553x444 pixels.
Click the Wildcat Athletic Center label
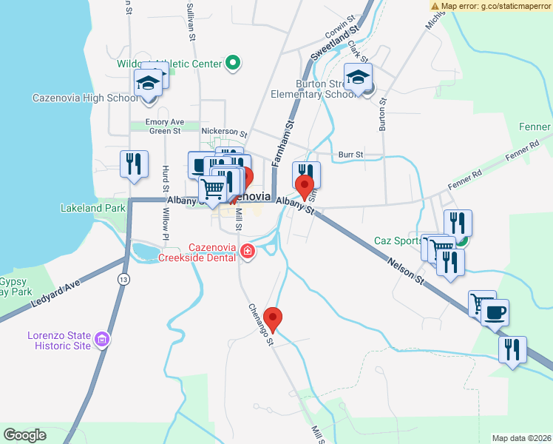(x=169, y=64)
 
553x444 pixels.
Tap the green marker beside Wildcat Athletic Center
(x=233, y=64)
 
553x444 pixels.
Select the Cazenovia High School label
(x=85, y=98)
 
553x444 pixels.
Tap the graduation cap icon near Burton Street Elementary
(x=359, y=78)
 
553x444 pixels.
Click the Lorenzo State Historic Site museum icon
(x=102, y=340)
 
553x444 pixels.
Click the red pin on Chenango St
(x=274, y=319)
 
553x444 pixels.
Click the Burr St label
(x=350, y=155)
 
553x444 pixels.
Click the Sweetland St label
(x=333, y=43)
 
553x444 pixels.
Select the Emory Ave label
(x=165, y=121)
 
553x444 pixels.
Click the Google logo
(x=24, y=435)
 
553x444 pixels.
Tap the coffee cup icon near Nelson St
(x=495, y=312)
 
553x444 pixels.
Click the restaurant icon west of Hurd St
(x=134, y=164)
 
